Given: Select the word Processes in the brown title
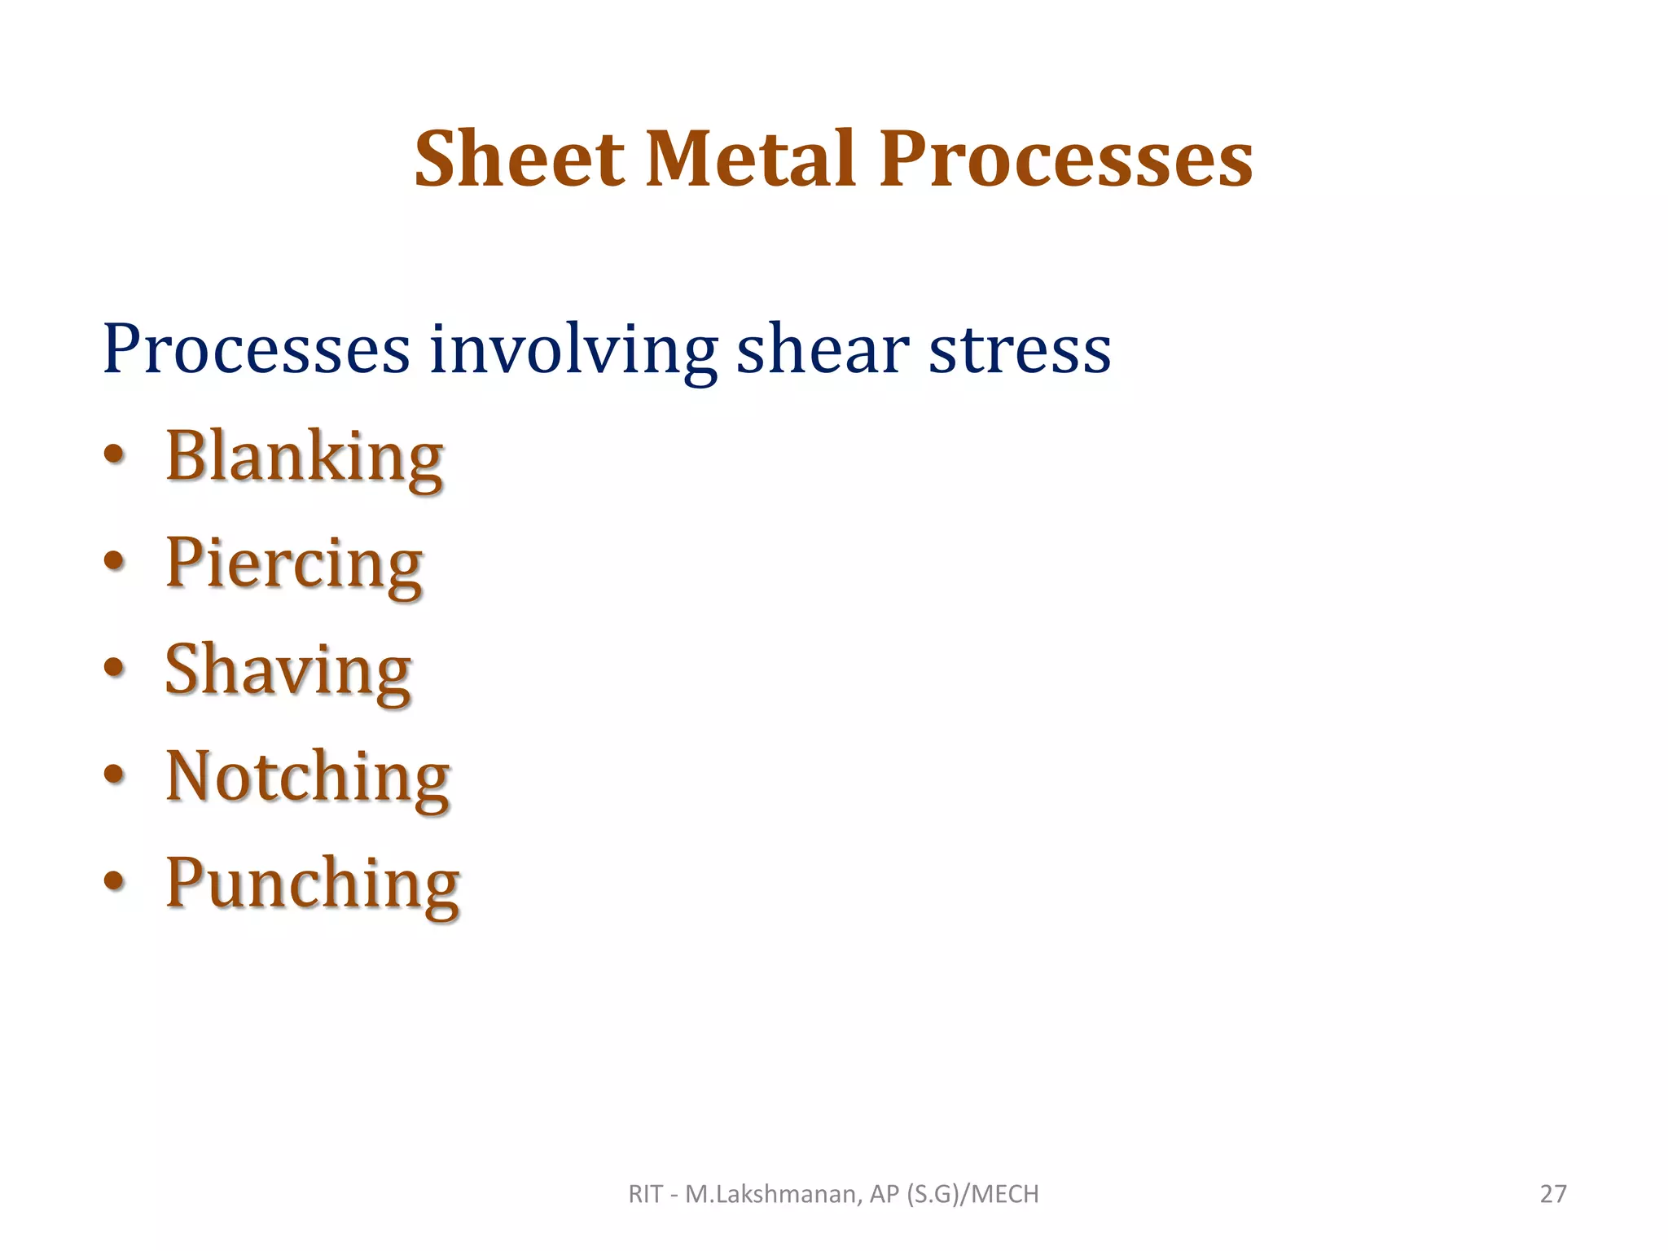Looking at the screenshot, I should coord(1066,160).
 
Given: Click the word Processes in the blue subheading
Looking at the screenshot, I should coord(256,350).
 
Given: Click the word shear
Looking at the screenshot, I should coord(823,350).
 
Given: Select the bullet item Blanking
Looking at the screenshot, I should coord(305,458).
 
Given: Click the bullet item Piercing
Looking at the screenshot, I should coord(294,564).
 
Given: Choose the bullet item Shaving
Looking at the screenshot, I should coord(288,671).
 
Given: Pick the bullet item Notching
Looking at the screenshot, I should coord(308,778).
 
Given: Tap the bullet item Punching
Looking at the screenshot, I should coord(313,885).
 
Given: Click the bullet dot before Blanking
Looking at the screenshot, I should coord(115,456).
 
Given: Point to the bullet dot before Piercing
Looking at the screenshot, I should coord(115,562).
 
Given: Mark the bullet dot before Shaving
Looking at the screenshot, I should coord(115,669).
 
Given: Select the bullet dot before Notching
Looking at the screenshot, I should coord(115,775).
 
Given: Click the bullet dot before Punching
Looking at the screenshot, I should coord(115,882).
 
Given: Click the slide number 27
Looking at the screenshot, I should coord(1553,1194).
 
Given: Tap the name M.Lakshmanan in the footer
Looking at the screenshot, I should coord(771,1194).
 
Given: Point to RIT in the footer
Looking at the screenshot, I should coord(645,1194).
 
